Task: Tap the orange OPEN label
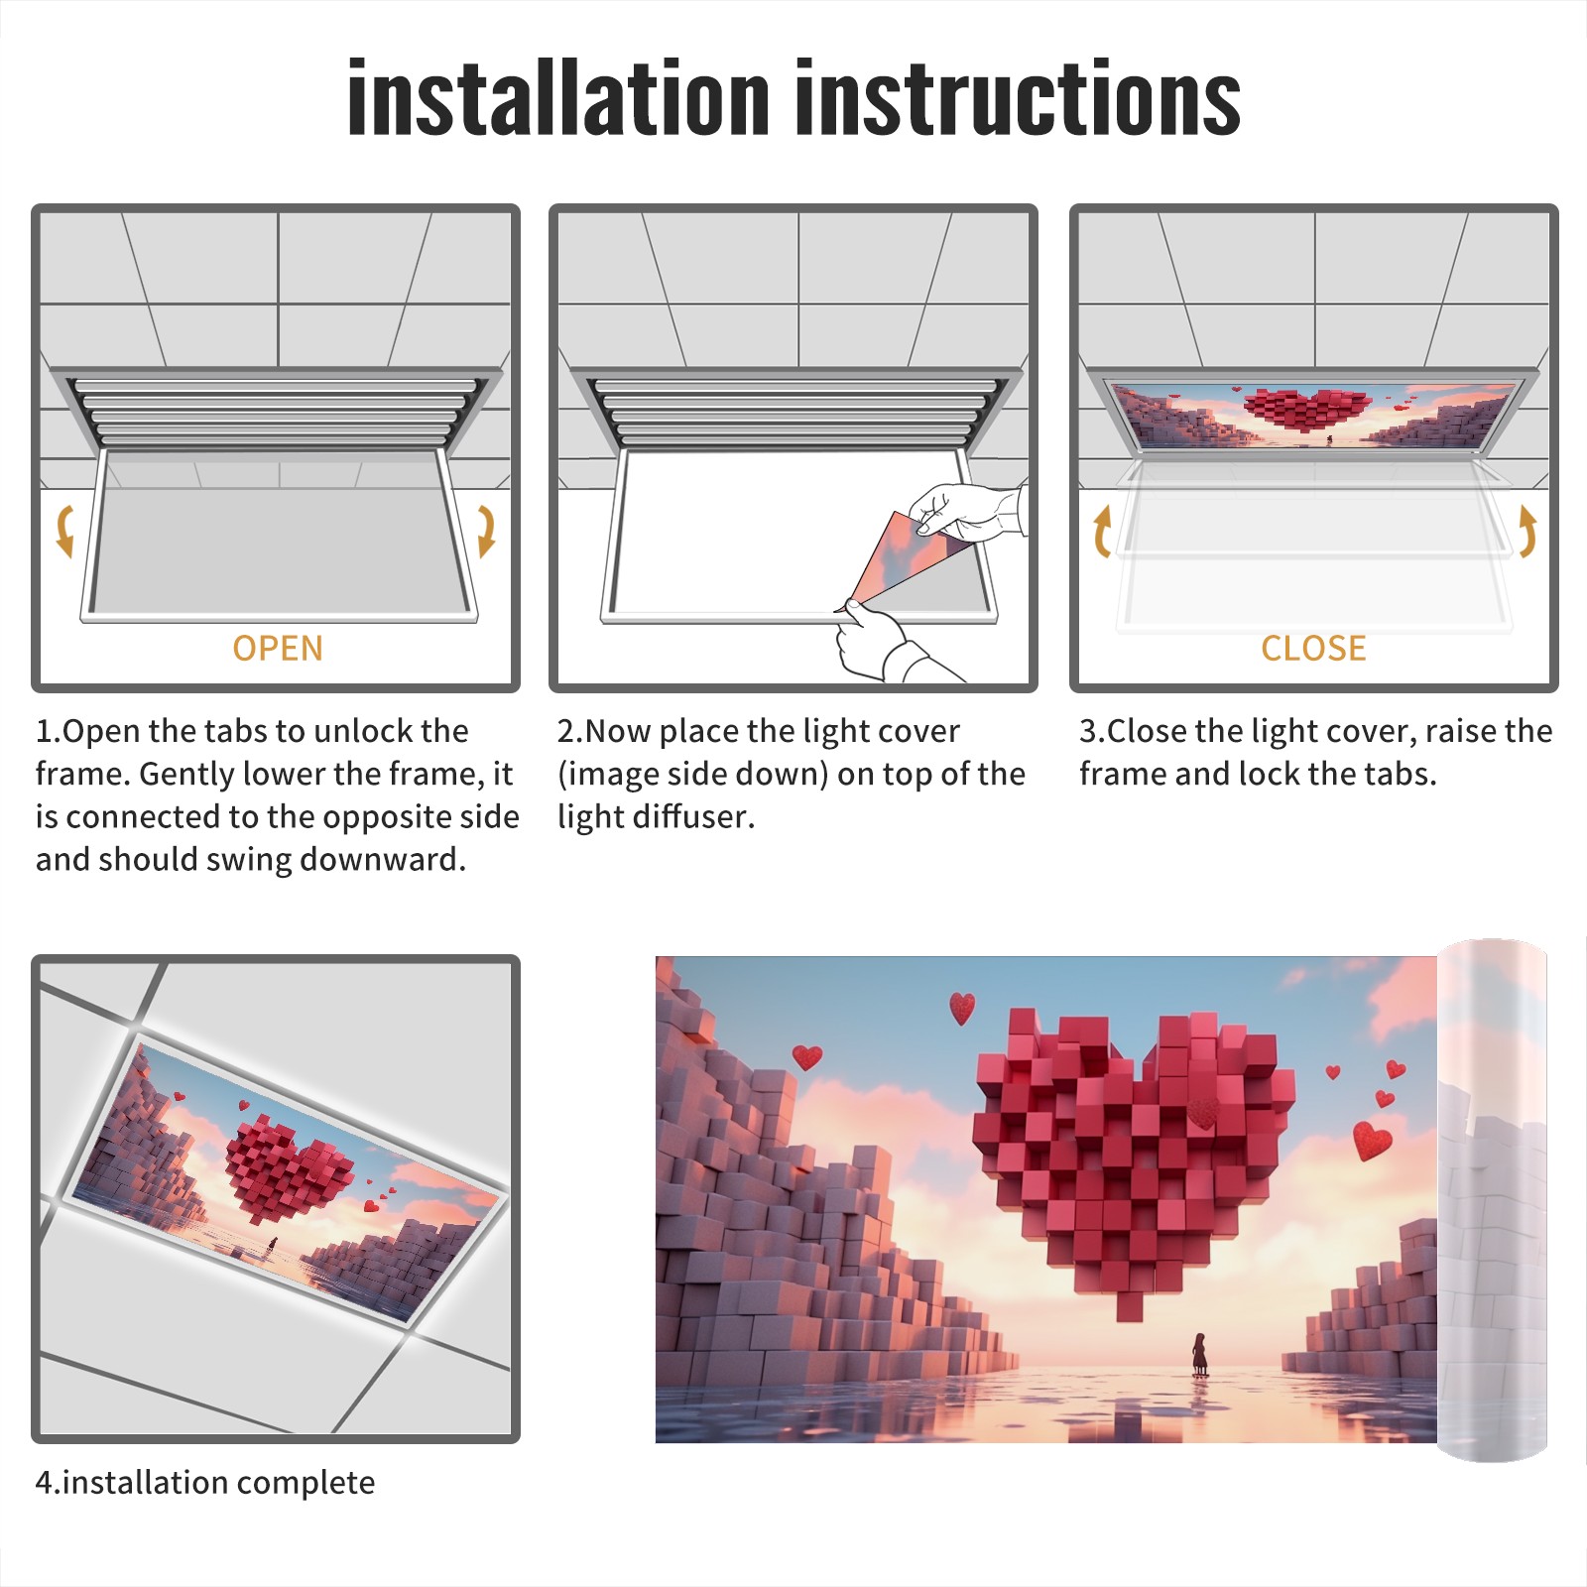[278, 648]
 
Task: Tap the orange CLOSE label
[1313, 648]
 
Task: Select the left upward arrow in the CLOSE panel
[1101, 531]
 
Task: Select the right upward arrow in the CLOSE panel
[1527, 531]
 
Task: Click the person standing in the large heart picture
[1199, 1354]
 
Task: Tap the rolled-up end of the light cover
[1492, 1199]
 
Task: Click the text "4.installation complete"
[205, 1483]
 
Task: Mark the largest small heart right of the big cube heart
[1373, 1140]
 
